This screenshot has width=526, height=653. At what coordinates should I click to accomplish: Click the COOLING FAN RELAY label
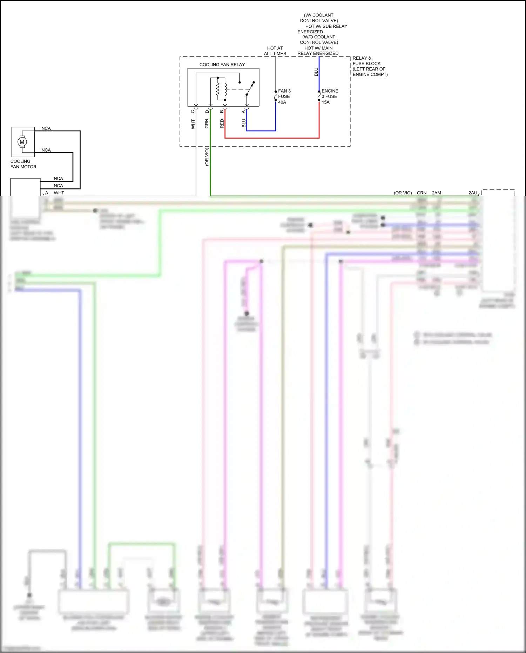point(222,65)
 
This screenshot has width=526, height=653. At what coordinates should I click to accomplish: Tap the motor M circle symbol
point(22,142)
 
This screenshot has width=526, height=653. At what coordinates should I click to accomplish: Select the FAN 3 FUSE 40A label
point(284,96)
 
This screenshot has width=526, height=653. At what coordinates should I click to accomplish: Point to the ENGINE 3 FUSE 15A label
point(330,96)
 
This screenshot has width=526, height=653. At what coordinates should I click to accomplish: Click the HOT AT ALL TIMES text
point(275,51)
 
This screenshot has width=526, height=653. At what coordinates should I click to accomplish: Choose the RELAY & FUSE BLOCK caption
point(370,66)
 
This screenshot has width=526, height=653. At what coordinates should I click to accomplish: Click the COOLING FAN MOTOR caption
point(23,164)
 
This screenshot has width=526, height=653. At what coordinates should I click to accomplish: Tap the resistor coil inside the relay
point(218,90)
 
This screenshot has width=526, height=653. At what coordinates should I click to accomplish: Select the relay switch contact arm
point(250,89)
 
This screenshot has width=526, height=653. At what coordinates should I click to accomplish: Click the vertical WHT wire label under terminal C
point(193,124)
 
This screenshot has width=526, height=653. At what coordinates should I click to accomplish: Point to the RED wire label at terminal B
point(222,124)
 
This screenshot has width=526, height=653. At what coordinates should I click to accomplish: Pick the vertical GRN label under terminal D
point(207,124)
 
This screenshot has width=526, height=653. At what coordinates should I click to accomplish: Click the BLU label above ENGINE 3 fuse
point(316,72)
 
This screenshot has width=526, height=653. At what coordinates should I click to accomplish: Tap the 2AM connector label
point(436,193)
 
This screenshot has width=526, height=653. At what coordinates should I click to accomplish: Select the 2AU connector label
point(473,193)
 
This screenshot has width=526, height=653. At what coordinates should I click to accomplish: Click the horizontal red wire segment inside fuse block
point(272,138)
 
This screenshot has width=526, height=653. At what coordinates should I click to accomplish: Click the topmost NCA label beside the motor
point(46,128)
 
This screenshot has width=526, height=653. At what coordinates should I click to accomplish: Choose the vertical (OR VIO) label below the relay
point(207,157)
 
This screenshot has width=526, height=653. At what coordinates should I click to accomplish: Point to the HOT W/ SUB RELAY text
point(326,26)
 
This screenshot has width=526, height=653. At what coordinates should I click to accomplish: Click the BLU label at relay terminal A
point(244,123)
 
